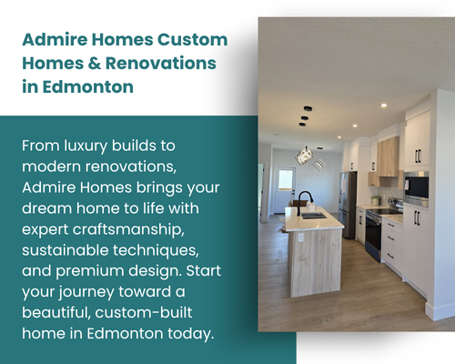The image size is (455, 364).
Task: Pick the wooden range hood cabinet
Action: pyautogui.click(x=388, y=157)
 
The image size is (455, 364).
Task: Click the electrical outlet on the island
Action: pyautogui.click(x=300, y=238)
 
